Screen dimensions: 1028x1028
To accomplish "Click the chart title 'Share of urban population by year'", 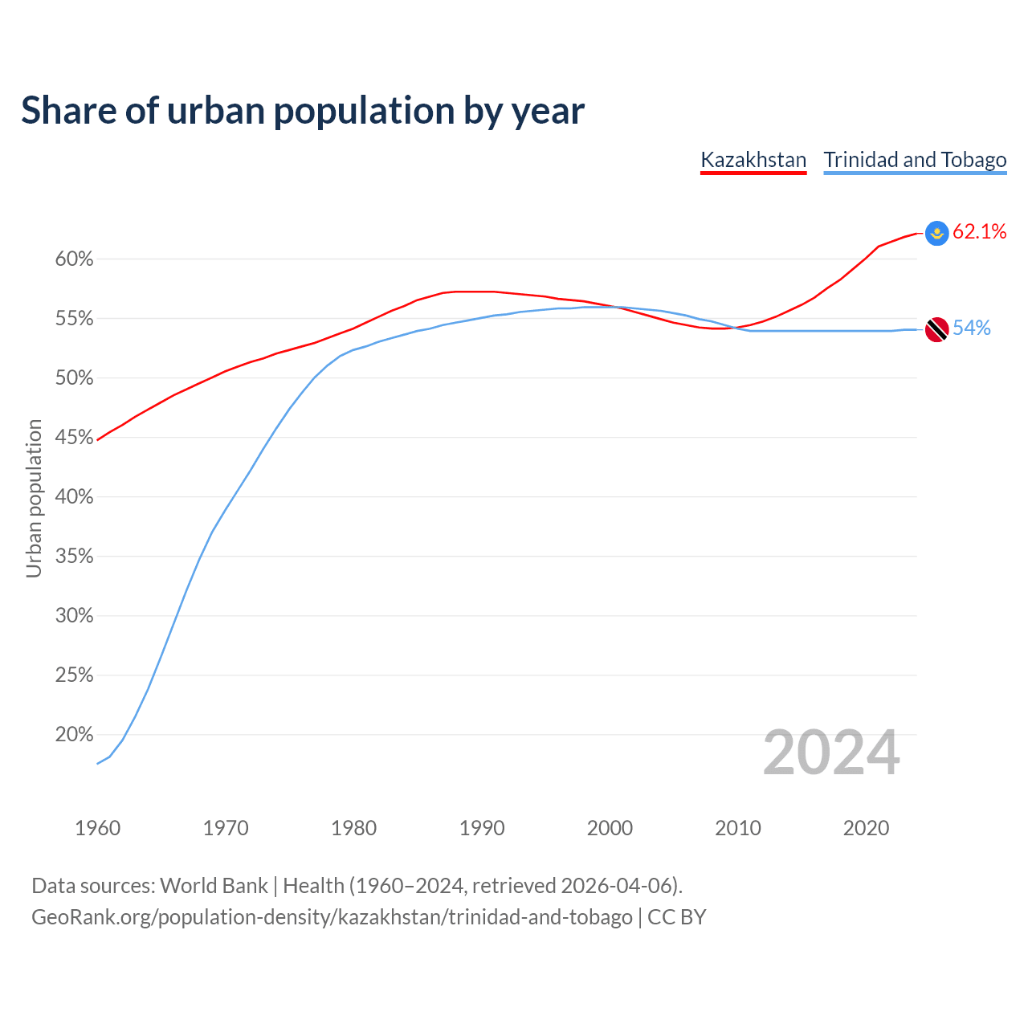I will (x=303, y=111).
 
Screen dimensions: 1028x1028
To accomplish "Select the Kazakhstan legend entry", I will (x=753, y=160).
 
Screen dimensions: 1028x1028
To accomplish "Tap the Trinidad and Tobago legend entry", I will (x=915, y=160).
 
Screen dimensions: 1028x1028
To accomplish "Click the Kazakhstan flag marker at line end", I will (x=936, y=233).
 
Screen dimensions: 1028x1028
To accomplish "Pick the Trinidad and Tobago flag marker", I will (x=936, y=329).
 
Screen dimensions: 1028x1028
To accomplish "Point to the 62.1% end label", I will (x=980, y=232).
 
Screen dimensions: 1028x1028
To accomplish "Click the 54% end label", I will (x=972, y=328).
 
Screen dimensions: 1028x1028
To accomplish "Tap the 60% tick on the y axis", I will (x=74, y=259).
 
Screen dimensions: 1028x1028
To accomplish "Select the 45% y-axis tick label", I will (x=74, y=438).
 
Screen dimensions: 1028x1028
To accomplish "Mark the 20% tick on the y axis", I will (x=74, y=735).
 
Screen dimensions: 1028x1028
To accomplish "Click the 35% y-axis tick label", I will (x=74, y=557).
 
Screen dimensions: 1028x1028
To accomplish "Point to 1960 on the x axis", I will (x=97, y=828).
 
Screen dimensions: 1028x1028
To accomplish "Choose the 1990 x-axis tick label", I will (x=482, y=828).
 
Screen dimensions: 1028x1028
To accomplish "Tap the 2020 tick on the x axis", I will (x=866, y=828).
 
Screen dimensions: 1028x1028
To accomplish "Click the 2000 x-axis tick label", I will (x=610, y=828).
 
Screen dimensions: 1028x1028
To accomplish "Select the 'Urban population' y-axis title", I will (x=34, y=498).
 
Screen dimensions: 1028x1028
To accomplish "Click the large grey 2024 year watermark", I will (x=831, y=753).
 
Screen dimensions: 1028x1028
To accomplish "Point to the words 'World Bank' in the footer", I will (x=214, y=886).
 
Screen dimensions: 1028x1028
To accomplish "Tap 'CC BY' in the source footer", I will (x=677, y=917).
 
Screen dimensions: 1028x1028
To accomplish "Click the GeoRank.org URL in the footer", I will (x=332, y=917).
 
